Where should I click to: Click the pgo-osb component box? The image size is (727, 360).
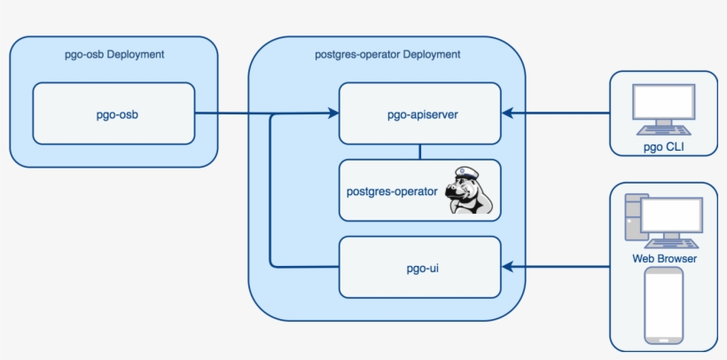click(x=113, y=113)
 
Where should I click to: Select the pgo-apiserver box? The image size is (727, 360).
click(x=419, y=113)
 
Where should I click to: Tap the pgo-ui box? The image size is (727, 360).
click(x=419, y=267)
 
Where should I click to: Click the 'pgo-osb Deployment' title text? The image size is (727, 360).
click(x=114, y=55)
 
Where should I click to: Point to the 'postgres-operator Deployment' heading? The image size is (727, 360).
click(x=387, y=55)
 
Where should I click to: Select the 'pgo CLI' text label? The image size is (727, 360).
click(x=664, y=147)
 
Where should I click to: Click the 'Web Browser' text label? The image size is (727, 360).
click(x=664, y=259)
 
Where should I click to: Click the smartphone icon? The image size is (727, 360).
click(x=664, y=305)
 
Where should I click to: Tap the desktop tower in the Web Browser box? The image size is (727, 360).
click(x=634, y=215)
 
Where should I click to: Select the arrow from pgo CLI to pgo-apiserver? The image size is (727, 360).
click(x=559, y=113)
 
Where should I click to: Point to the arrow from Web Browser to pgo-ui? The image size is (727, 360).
click(x=559, y=266)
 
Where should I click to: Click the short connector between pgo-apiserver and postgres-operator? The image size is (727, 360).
click(x=419, y=152)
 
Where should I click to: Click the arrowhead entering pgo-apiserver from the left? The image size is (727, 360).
click(x=333, y=113)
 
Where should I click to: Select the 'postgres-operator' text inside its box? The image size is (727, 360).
click(x=391, y=190)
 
